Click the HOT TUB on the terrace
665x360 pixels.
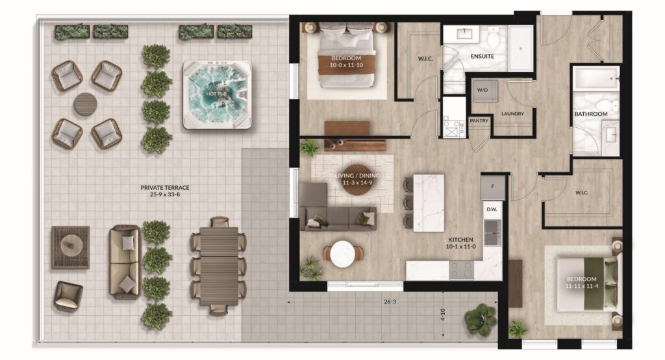217,95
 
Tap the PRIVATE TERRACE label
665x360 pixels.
165,187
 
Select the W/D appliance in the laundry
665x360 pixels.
485,90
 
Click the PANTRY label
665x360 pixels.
479,121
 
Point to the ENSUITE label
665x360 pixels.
483,56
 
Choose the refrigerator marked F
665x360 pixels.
493,186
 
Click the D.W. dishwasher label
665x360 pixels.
492,209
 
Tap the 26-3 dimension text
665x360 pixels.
390,302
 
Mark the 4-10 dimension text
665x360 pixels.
443,314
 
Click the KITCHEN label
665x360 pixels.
460,239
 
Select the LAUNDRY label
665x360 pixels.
512,114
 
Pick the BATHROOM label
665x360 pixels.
591,114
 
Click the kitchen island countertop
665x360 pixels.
429,203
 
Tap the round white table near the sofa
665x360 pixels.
343,254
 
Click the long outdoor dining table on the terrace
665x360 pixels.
219,266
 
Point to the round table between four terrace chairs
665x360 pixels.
86,105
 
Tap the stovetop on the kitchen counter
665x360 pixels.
461,270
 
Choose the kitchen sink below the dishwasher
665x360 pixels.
492,232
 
